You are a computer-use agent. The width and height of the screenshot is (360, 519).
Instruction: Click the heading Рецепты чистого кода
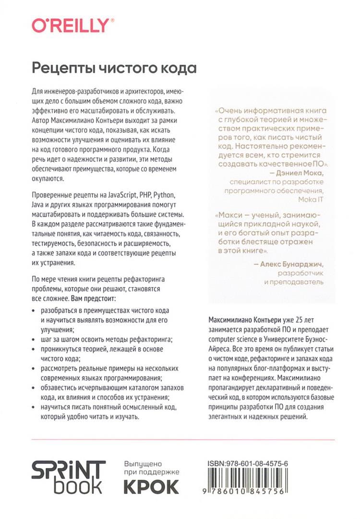(114, 68)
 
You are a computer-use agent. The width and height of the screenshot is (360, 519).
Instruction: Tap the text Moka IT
(311, 199)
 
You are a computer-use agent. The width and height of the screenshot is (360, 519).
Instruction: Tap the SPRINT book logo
(68, 477)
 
